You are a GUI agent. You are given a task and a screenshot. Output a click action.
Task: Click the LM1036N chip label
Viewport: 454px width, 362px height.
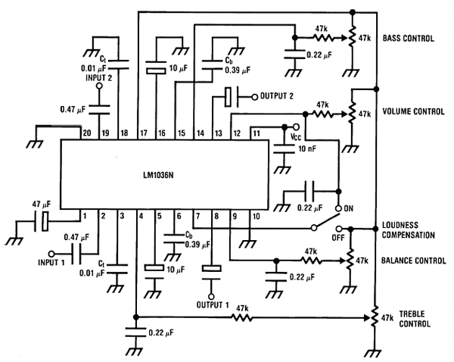coord(168,175)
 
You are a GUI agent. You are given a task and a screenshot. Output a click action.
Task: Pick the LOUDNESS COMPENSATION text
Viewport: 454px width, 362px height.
coord(412,230)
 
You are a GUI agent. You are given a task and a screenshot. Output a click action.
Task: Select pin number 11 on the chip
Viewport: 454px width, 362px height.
coord(257,133)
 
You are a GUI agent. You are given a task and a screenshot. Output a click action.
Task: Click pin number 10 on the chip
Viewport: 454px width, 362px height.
coord(257,217)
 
